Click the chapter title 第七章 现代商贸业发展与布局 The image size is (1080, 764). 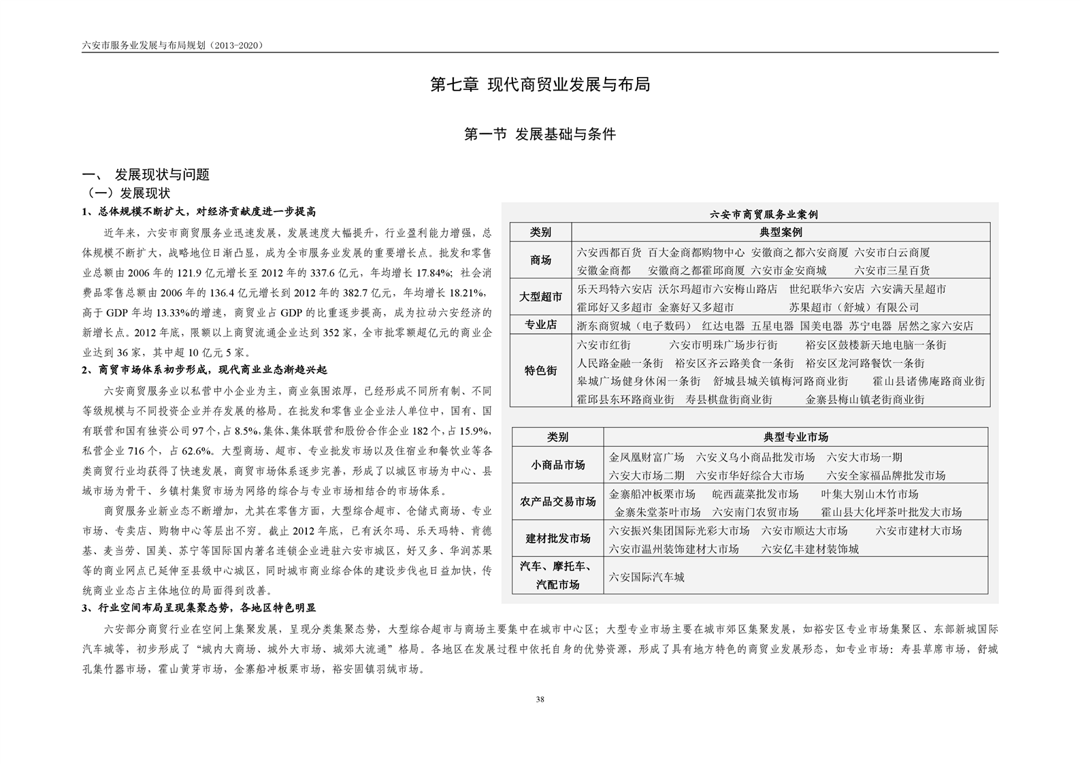pyautogui.click(x=540, y=84)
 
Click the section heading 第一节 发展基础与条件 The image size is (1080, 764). pyautogui.click(x=540, y=134)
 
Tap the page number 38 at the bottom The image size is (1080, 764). pyautogui.click(x=540, y=699)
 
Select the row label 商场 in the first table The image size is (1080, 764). pyautogui.click(x=541, y=260)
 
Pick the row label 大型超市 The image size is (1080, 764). pyautogui.click(x=541, y=297)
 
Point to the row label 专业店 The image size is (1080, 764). pyautogui.click(x=541, y=325)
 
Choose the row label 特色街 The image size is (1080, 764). pyautogui.click(x=541, y=370)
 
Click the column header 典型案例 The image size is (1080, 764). pyautogui.click(x=781, y=233)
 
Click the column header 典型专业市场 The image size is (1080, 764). pyautogui.click(x=796, y=437)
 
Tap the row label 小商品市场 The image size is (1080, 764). pyautogui.click(x=558, y=465)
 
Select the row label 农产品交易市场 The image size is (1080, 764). pyautogui.click(x=558, y=502)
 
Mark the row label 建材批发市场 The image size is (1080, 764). pyautogui.click(x=558, y=539)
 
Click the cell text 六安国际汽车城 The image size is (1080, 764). pyautogui.click(x=647, y=577)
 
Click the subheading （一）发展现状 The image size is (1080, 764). pyautogui.click(x=127, y=193)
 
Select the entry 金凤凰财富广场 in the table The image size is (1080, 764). pyautogui.click(x=647, y=457)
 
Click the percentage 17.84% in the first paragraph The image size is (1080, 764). pyautogui.click(x=432, y=273)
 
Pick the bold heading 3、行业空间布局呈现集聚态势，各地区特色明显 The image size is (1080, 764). pyautogui.click(x=199, y=608)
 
